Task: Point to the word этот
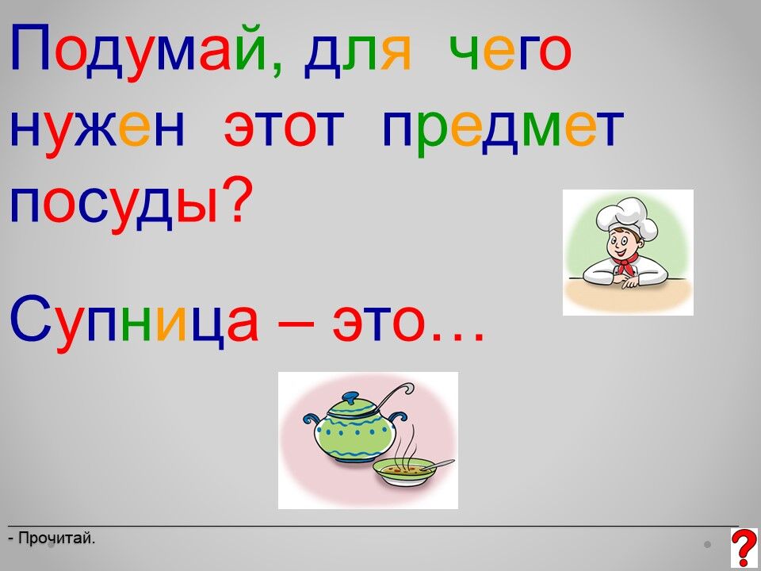[x=285, y=129]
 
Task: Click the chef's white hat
[x=626, y=215]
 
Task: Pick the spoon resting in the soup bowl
[x=436, y=466]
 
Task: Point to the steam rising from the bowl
[x=405, y=443]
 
